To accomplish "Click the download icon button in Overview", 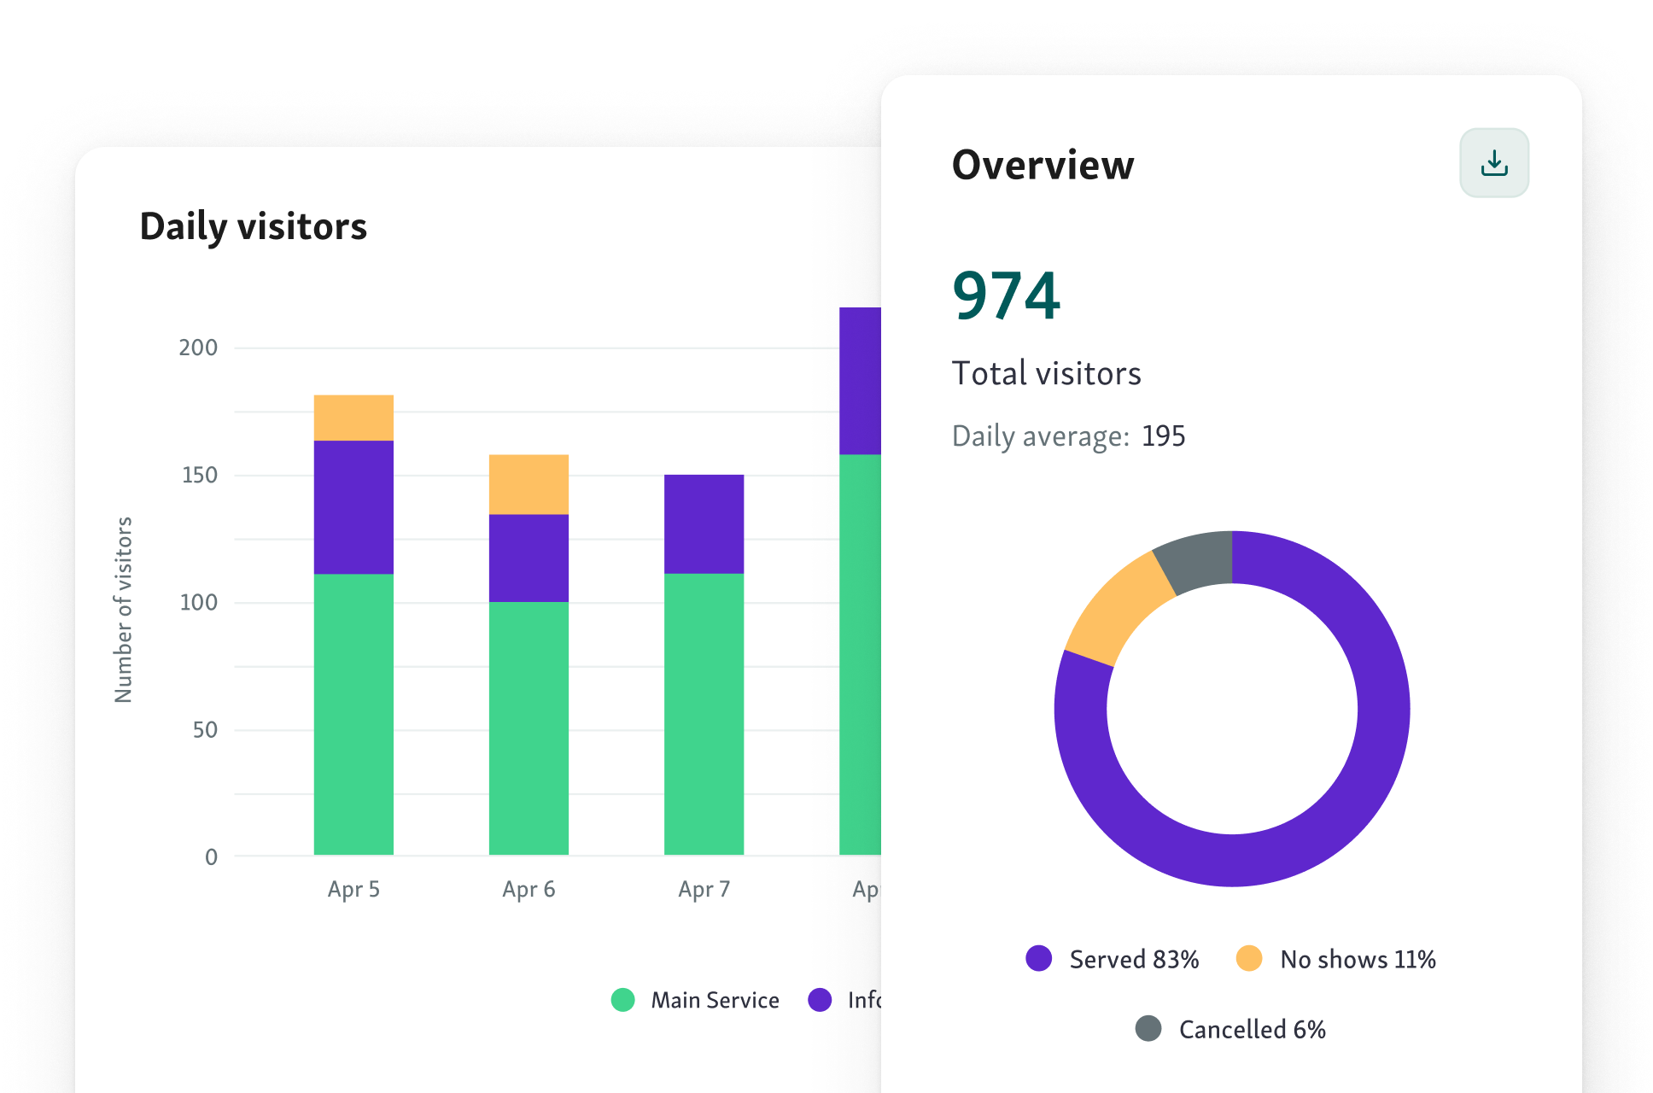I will pyautogui.click(x=1493, y=163).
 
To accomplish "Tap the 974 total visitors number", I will pyautogui.click(x=1006, y=295).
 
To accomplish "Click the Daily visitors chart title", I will pyautogui.click(x=253, y=227).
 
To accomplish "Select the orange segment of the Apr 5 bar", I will pyautogui.click(x=353, y=418).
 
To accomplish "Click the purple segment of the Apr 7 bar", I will pyautogui.click(x=704, y=523).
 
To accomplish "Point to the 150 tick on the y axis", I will pyautogui.click(x=199, y=475).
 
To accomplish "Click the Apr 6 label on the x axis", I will pyautogui.click(x=529, y=890).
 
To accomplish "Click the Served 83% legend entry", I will pyautogui.click(x=1113, y=959).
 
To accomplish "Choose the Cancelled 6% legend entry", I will pyautogui.click(x=1230, y=1029).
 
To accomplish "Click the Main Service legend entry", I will pyautogui.click(x=695, y=1000).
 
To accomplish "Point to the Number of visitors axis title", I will pyautogui.click(x=124, y=610).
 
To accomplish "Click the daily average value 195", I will pyautogui.click(x=1163, y=436).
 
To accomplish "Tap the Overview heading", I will pyautogui.click(x=1043, y=165).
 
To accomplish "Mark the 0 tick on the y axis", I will pyautogui.click(x=211, y=857).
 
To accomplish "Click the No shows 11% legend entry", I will pyautogui.click(x=1336, y=959).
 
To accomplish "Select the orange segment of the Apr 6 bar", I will pyautogui.click(x=529, y=484).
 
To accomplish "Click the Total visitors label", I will pyautogui.click(x=1046, y=374).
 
